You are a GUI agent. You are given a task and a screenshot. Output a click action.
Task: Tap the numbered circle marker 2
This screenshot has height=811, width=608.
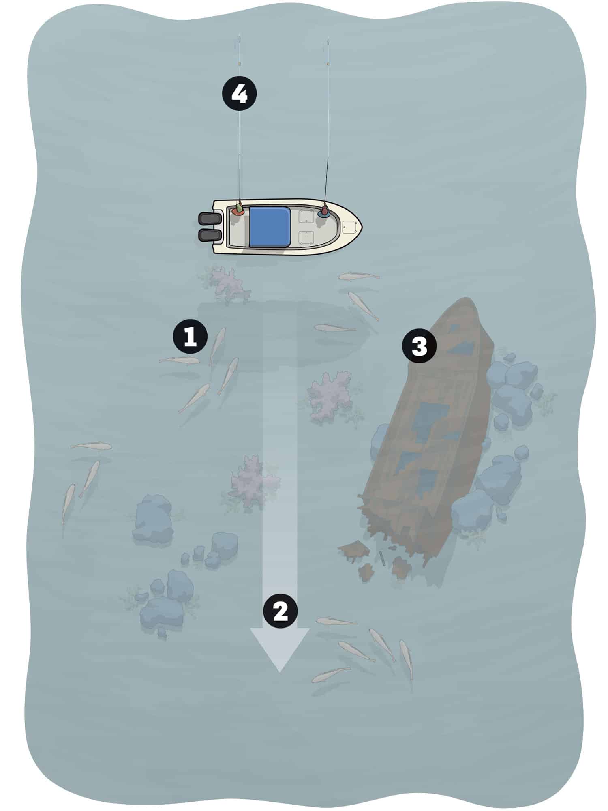[x=280, y=611]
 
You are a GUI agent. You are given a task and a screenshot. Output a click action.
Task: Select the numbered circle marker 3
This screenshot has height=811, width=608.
[x=419, y=347]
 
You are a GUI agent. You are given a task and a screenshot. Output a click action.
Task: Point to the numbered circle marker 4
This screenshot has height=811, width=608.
[x=239, y=94]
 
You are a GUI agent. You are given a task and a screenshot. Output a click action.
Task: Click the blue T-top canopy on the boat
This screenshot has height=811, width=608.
[x=270, y=226]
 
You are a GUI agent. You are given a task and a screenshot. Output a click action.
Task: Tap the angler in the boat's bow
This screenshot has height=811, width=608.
[x=324, y=212]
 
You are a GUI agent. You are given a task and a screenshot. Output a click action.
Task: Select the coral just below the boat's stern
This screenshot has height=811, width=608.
[x=228, y=284]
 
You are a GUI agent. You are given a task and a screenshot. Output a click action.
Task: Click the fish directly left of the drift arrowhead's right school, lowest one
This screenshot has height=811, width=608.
[x=330, y=674]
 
